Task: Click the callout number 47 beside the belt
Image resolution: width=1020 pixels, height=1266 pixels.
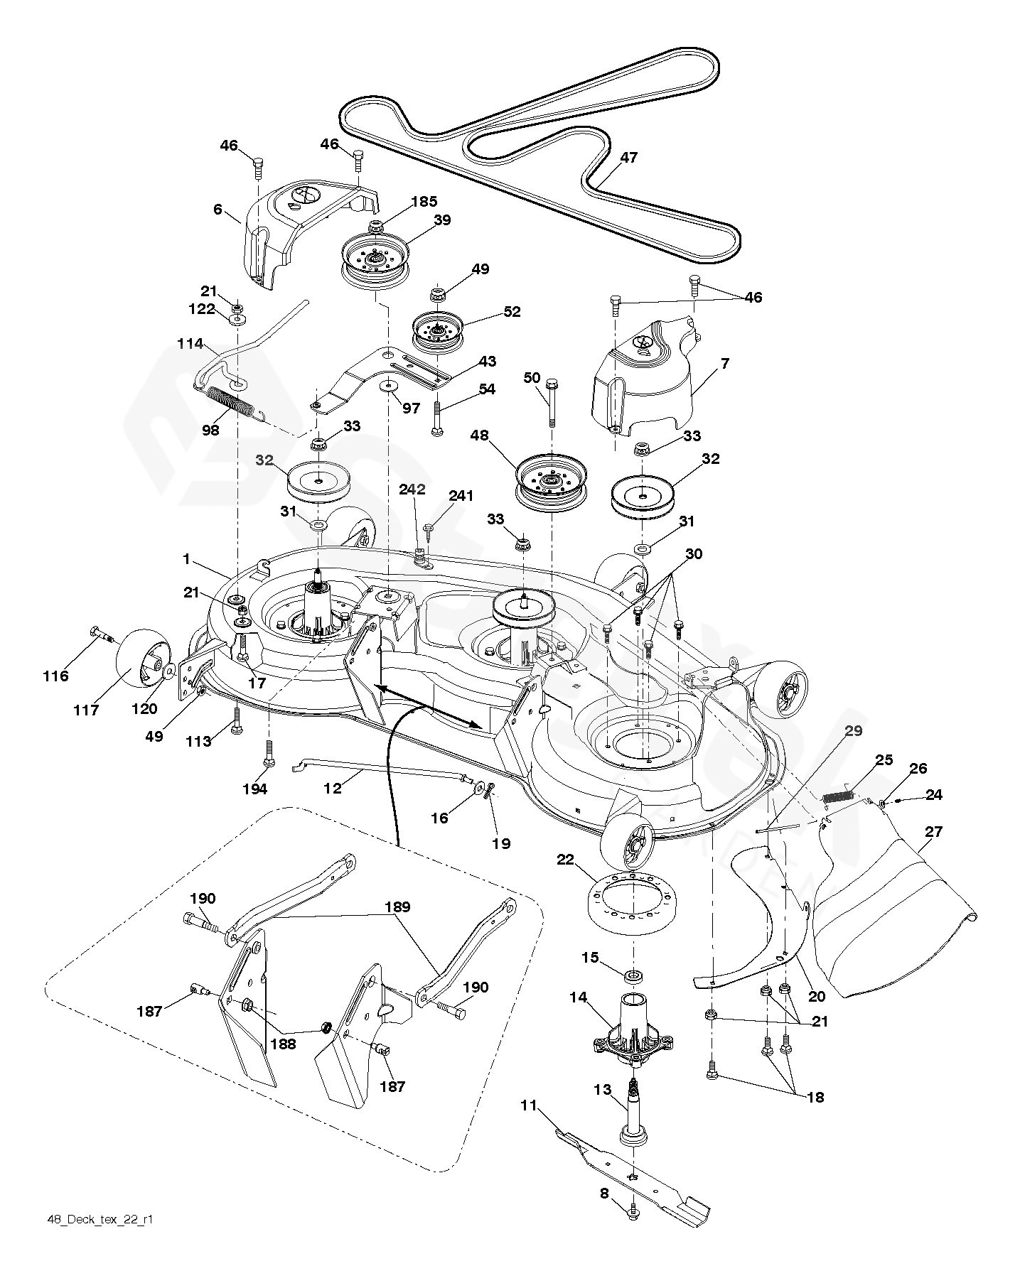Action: coord(628,158)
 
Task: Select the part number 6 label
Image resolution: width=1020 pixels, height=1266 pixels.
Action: coord(218,209)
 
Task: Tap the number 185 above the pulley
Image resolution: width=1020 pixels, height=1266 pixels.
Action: coord(424,202)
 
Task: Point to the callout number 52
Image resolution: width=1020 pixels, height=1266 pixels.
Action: coord(511,311)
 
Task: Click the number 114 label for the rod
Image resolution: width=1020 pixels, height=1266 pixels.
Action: coord(190,343)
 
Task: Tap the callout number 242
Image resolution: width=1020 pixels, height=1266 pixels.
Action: coord(412,489)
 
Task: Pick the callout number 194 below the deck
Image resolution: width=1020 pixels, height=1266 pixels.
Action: coord(255,789)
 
